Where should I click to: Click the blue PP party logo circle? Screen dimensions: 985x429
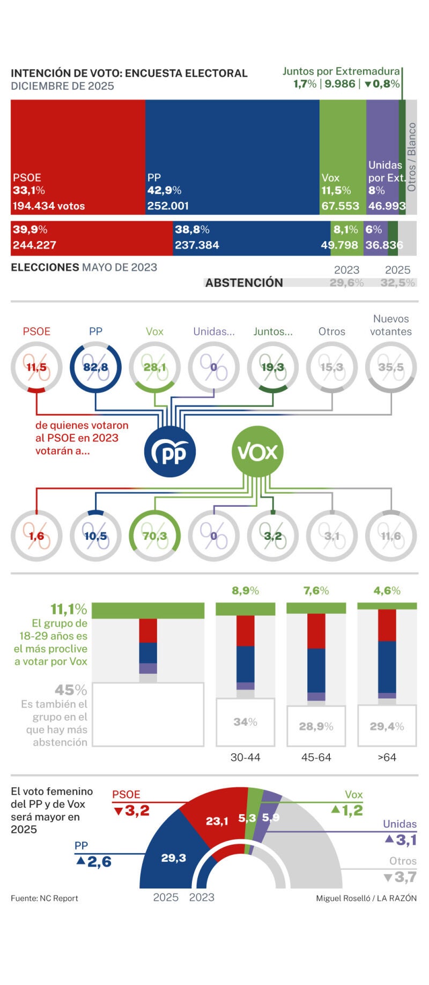pyautogui.click(x=170, y=452)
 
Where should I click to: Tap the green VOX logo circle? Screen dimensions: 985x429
pyautogui.click(x=257, y=452)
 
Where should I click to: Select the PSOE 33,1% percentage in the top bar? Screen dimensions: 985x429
pyautogui.click(x=29, y=191)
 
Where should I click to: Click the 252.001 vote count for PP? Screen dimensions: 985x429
pyautogui.click(x=168, y=206)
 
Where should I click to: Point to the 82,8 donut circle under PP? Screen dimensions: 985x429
pyautogui.click(x=95, y=367)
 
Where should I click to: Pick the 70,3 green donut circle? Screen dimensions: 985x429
pyautogui.click(x=154, y=536)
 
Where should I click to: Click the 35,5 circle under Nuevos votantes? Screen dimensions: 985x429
pyautogui.click(x=391, y=367)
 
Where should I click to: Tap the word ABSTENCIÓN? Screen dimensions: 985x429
pyautogui.click(x=244, y=283)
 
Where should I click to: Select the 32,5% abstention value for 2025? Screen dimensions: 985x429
pyautogui.click(x=397, y=283)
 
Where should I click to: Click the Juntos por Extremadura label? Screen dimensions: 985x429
pyautogui.click(x=341, y=71)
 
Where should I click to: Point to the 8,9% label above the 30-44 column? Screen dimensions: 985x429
pyautogui.click(x=245, y=591)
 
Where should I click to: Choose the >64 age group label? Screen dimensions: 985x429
pyautogui.click(x=387, y=757)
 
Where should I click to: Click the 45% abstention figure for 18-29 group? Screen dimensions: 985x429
pyautogui.click(x=71, y=690)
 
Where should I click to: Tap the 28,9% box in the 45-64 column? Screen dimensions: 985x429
pyautogui.click(x=316, y=727)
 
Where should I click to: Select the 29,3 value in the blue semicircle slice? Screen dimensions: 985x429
pyautogui.click(x=174, y=858)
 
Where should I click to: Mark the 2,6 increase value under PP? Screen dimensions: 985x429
pyautogui.click(x=99, y=862)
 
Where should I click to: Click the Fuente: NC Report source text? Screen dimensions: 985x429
pyautogui.click(x=45, y=898)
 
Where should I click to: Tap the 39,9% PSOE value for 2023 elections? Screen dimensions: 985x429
pyautogui.click(x=30, y=230)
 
